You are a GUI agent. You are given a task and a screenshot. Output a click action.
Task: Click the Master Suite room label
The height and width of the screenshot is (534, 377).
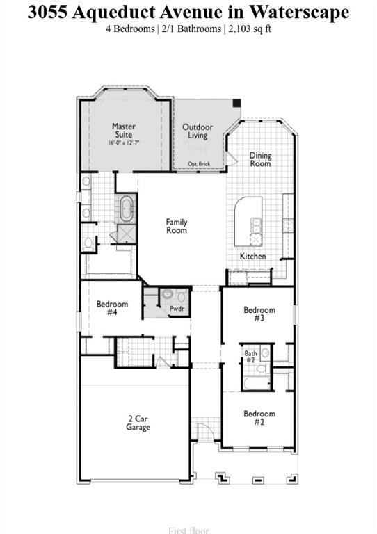[x=124, y=131]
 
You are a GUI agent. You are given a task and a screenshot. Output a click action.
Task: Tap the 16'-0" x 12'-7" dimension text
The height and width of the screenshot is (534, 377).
[x=124, y=143]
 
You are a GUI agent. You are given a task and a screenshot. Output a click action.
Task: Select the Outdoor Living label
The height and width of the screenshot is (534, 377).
[x=198, y=131]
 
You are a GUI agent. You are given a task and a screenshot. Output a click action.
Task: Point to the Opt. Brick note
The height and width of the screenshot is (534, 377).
[x=198, y=164]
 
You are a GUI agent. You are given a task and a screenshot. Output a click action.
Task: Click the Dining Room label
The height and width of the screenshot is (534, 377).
[x=261, y=159]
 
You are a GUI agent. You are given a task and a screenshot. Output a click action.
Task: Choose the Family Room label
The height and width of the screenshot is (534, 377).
[x=177, y=226]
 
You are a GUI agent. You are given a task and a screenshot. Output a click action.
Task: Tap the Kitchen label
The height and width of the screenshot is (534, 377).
[x=252, y=256]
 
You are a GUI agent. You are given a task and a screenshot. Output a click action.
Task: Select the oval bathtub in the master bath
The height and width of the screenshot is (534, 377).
[x=127, y=208]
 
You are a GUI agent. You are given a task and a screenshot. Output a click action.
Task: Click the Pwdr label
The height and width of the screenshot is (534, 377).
[x=177, y=307]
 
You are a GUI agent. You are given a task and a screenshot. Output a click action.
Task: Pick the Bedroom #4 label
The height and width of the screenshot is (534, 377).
[x=112, y=308]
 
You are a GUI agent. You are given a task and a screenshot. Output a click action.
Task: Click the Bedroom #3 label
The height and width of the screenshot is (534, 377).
[x=259, y=314]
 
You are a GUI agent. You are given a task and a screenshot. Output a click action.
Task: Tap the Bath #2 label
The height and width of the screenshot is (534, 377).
[x=251, y=357]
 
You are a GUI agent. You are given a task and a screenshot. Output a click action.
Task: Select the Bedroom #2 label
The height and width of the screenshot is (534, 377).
[x=259, y=418]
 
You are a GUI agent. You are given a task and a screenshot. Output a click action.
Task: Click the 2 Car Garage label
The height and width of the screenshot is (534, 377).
[x=138, y=423]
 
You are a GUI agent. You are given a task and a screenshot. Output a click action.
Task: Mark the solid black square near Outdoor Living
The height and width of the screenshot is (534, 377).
[x=236, y=104]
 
